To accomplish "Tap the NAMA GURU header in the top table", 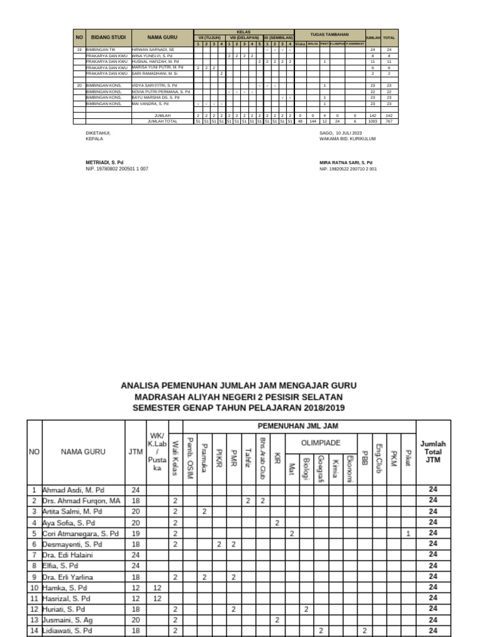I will (x=162, y=37).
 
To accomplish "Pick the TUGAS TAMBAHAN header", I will (x=329, y=34).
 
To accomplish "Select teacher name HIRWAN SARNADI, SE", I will (x=152, y=49).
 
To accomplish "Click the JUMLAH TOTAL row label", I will (x=162, y=121).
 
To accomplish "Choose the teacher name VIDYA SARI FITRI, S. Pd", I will (x=154, y=85).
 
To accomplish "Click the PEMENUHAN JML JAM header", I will (x=299, y=426).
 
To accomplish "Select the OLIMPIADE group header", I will (x=321, y=442).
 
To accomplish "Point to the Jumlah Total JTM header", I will (x=433, y=452).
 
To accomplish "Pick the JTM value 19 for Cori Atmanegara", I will (x=135, y=533).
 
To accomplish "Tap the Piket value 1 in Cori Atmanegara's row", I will (x=408, y=533).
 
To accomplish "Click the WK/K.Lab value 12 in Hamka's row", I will (x=157, y=587).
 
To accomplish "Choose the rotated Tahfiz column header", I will (x=247, y=457).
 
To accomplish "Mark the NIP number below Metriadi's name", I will (x=117, y=169).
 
